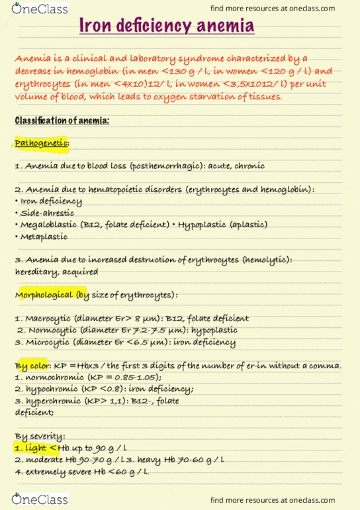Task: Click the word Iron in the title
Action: click(x=97, y=26)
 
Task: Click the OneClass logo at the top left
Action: click(x=34, y=9)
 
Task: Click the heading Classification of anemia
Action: click(x=62, y=120)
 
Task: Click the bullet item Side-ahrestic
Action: click(x=46, y=213)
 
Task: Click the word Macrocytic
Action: click(x=47, y=318)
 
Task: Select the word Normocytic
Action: click(x=50, y=330)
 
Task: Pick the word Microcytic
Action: click(x=48, y=342)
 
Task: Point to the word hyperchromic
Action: click(x=52, y=401)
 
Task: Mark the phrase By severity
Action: click(x=38, y=436)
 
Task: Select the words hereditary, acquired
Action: click(x=56, y=272)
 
